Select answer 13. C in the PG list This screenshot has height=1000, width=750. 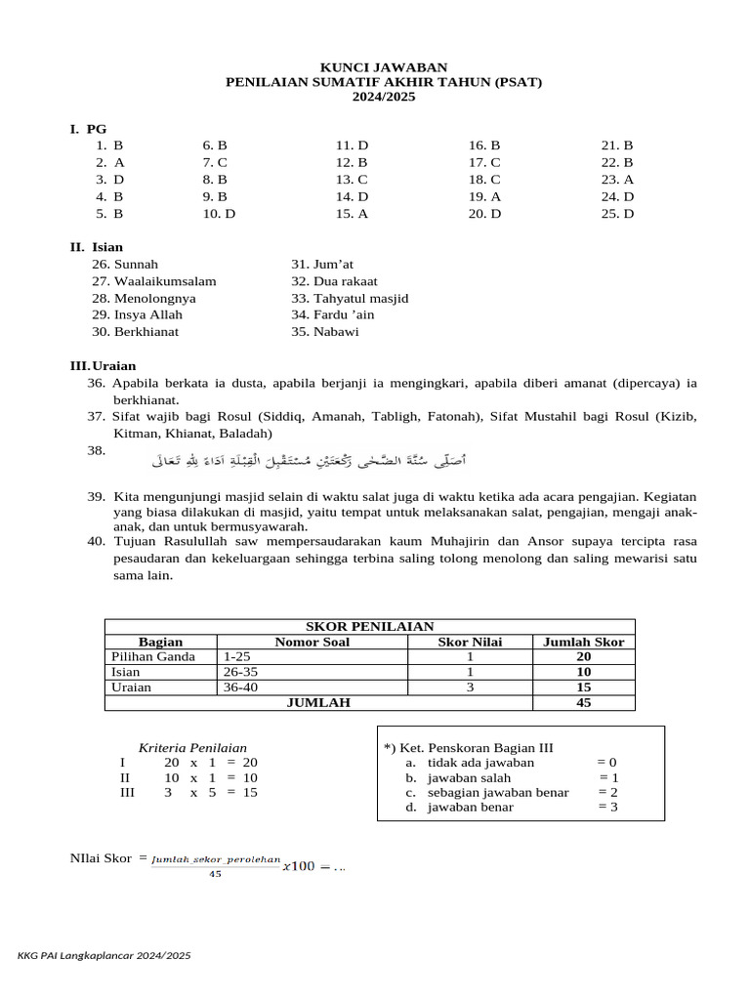tap(352, 180)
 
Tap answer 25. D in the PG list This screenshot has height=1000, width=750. tap(617, 214)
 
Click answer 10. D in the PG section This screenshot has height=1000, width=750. tap(219, 214)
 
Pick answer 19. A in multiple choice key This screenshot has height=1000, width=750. tap(484, 196)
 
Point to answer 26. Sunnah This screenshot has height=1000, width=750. tap(125, 265)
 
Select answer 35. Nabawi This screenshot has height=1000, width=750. tap(325, 332)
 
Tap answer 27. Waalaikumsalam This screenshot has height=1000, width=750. tap(153, 281)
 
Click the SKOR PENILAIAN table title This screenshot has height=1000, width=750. tap(369, 627)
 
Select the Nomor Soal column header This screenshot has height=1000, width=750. tap(314, 642)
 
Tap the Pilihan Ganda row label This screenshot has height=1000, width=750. tap(153, 657)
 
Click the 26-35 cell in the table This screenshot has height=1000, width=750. tap(239, 672)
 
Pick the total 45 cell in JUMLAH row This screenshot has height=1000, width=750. tap(584, 702)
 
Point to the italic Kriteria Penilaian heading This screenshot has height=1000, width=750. tap(192, 747)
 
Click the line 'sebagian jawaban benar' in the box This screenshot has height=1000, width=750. tap(498, 792)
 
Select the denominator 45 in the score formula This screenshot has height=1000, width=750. tap(215, 874)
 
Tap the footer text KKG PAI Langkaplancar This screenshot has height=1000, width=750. tap(104, 956)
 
